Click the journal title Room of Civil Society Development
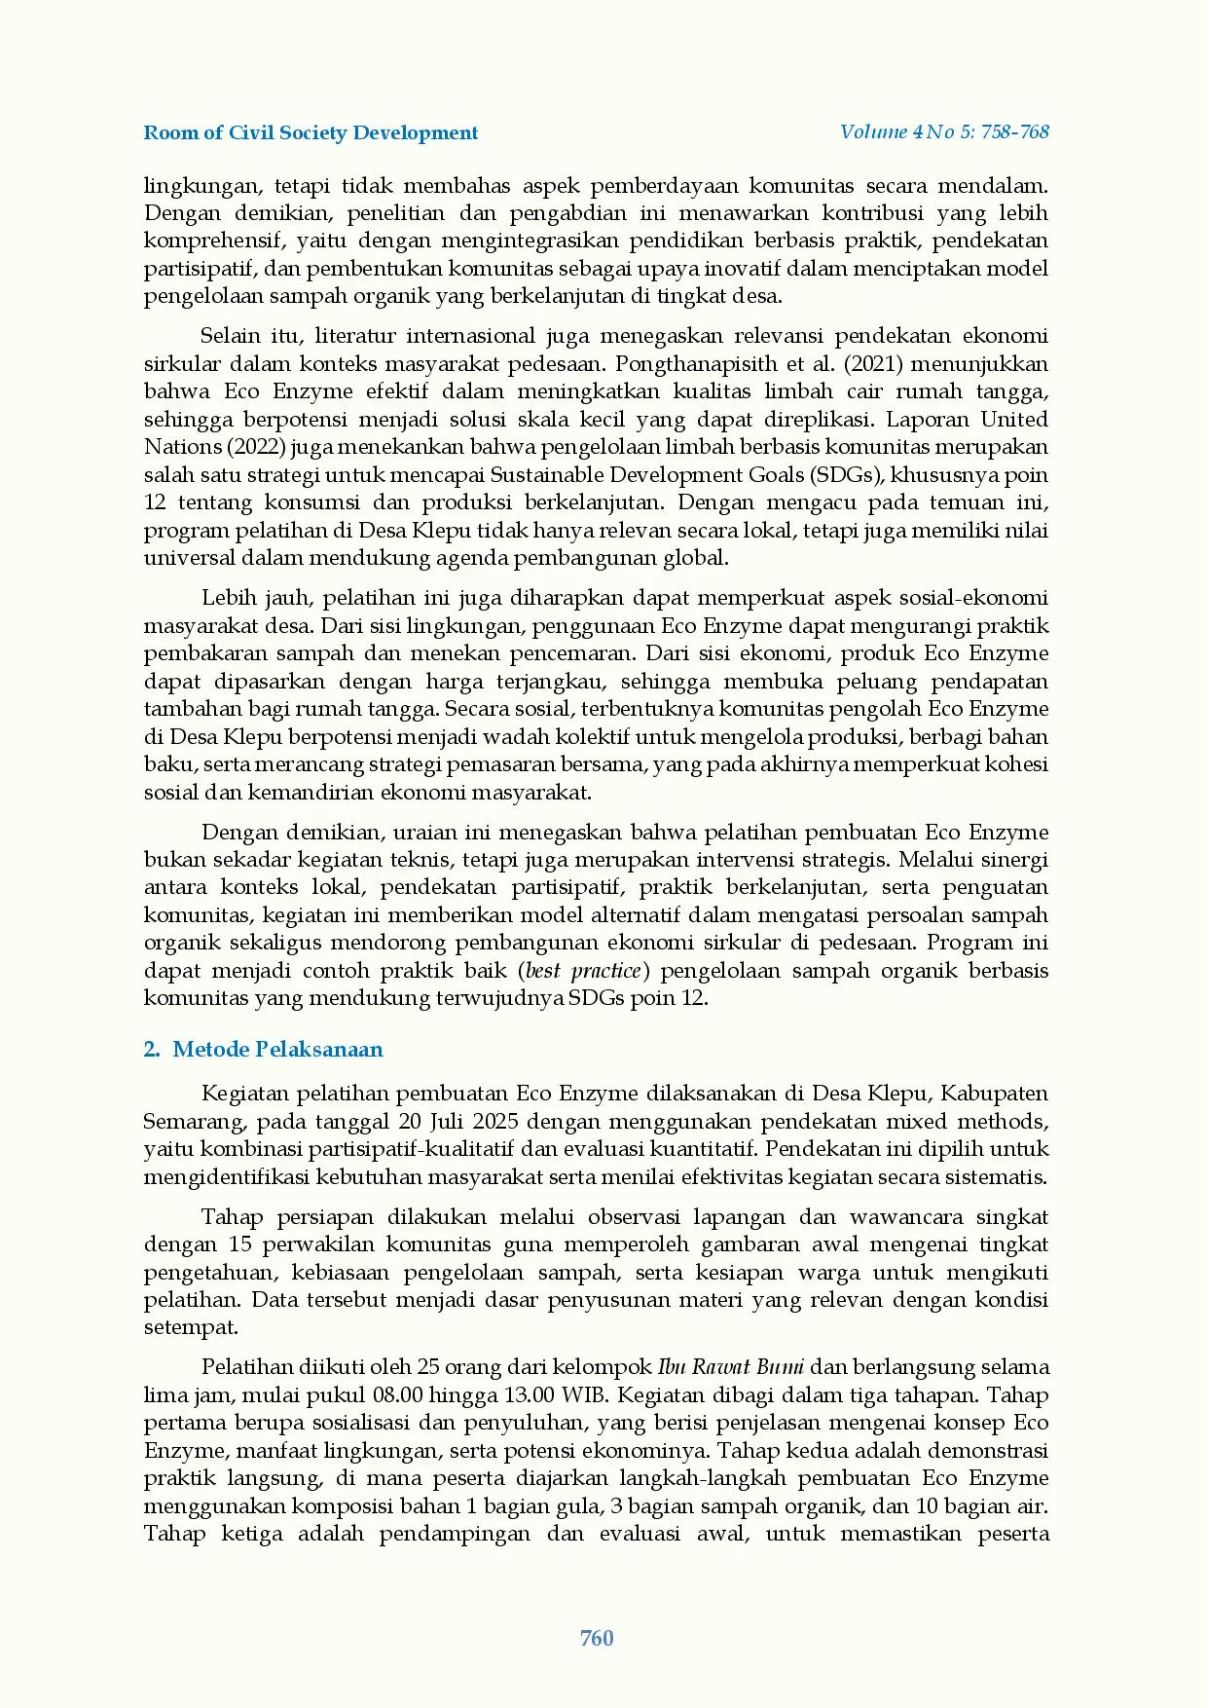[x=311, y=133]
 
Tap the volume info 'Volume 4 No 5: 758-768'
[x=944, y=131]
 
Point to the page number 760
[x=597, y=1638]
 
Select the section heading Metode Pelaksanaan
[x=277, y=1049]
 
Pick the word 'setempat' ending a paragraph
[x=191, y=1327]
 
